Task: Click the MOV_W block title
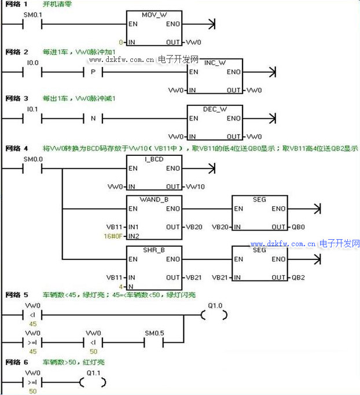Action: tap(153, 14)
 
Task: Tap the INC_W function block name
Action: tap(215, 62)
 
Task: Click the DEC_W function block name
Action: tap(215, 108)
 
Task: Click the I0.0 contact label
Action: tap(33, 62)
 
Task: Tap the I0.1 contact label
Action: tap(33, 108)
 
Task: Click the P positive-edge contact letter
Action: tap(93, 72)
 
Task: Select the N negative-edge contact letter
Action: tap(93, 119)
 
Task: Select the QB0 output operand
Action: tap(297, 227)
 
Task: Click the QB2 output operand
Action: tap(297, 277)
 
